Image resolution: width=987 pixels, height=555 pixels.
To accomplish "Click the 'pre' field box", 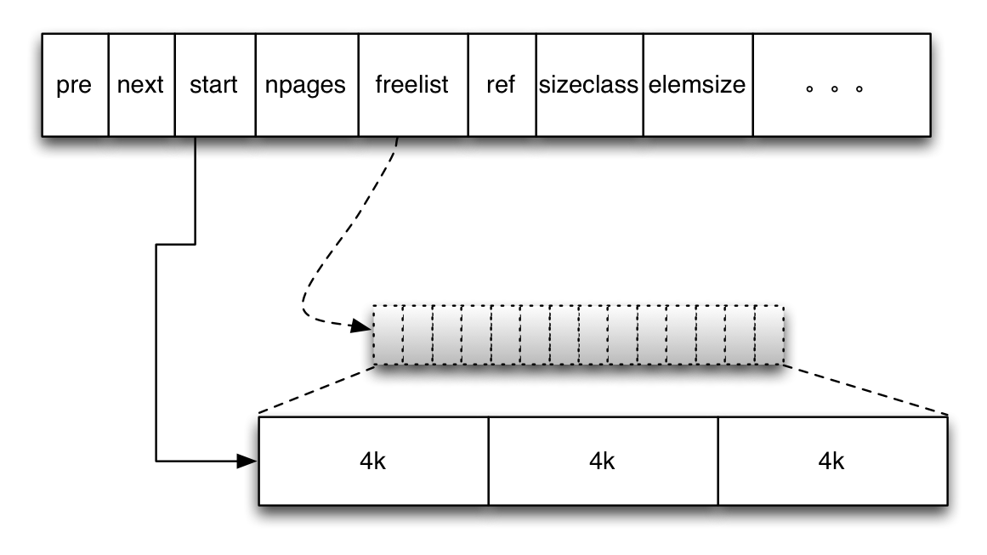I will [75, 86].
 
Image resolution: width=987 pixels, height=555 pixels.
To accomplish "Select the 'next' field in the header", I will [141, 86].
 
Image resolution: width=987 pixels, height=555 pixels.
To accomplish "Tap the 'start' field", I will [214, 86].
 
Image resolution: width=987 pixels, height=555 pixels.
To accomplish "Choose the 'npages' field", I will [306, 86].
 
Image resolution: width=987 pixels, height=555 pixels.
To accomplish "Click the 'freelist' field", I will [412, 86].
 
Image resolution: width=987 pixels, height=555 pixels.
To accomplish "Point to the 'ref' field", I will [502, 86].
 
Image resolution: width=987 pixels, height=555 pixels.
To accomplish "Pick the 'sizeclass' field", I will [589, 86].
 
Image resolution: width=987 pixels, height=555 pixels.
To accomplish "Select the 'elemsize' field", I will [697, 86].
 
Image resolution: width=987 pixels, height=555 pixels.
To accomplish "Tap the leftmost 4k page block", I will [373, 462].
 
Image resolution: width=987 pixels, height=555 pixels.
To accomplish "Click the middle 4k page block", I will [603, 462].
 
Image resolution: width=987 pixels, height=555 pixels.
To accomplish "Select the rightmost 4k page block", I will [832, 462].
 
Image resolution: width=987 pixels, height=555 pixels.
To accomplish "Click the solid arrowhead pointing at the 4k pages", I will [247, 462].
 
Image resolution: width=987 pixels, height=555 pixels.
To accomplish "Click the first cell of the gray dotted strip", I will [388, 335].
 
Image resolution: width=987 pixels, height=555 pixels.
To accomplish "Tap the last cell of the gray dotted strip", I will [769, 335].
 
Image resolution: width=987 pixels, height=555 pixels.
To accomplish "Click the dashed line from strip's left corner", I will [316, 390].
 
